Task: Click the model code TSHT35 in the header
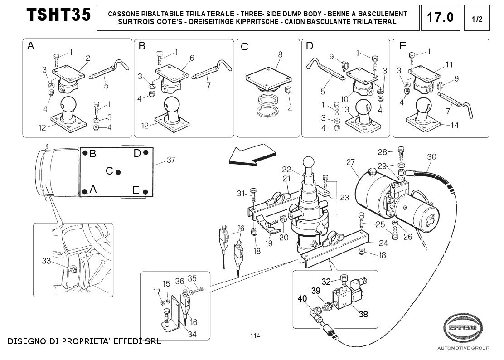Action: [58, 15]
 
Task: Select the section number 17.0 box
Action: [441, 18]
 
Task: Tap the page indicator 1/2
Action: [477, 19]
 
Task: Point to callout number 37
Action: [171, 160]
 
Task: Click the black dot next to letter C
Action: [118, 172]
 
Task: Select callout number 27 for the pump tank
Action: [350, 162]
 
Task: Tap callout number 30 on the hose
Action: [431, 156]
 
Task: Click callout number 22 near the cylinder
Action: [286, 170]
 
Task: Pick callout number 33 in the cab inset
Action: [47, 261]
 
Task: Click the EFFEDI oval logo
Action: [463, 327]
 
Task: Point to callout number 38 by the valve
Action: [363, 314]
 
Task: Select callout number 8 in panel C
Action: [280, 54]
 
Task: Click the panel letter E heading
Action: [403, 46]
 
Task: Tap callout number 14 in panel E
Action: [455, 125]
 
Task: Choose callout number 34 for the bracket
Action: [192, 334]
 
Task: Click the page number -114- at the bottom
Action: [255, 336]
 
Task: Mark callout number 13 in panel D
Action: [345, 110]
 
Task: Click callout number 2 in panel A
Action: [88, 58]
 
